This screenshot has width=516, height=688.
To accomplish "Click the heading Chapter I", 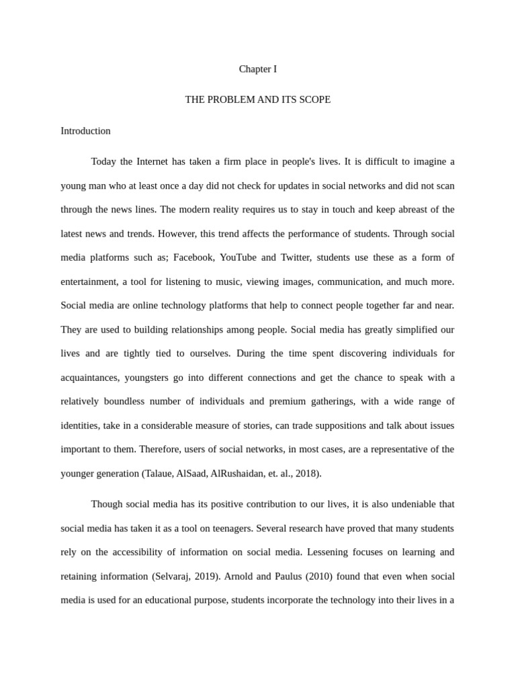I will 258,69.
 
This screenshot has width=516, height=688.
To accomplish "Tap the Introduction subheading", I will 85,131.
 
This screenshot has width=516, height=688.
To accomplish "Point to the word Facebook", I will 195,258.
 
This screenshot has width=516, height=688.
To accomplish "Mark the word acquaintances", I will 90,378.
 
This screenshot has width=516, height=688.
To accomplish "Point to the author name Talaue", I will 160,474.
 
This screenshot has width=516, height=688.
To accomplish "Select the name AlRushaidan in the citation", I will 239,474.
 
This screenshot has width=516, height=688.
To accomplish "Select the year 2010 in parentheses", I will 322,576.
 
